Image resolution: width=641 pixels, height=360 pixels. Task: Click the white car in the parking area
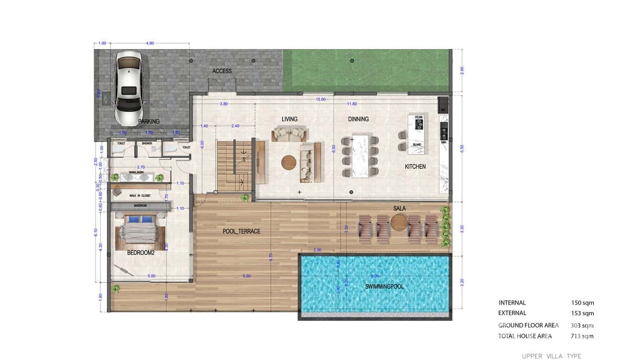click(x=128, y=88)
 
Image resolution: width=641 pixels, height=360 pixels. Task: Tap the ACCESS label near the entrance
click(x=222, y=71)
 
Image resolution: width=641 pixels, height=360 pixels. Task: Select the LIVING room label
click(x=289, y=119)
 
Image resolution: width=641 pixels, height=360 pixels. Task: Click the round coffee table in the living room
click(x=288, y=163)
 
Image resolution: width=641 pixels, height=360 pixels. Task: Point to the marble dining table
click(x=361, y=156)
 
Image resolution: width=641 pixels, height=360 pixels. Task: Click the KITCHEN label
click(x=415, y=167)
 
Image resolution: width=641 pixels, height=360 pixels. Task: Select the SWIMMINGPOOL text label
click(x=385, y=286)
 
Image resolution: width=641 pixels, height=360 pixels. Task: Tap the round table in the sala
click(x=399, y=222)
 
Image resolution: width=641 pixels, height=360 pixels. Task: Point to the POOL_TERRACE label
click(x=242, y=232)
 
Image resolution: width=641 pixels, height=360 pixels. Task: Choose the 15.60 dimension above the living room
click(x=321, y=99)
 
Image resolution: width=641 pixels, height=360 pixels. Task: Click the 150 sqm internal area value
click(x=582, y=303)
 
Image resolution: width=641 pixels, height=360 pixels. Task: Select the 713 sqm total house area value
click(x=582, y=336)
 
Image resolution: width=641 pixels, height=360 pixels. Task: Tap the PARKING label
click(x=149, y=122)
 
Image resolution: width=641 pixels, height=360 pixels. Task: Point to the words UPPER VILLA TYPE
click(x=551, y=356)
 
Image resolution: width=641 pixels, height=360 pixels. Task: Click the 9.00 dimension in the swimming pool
click(x=375, y=276)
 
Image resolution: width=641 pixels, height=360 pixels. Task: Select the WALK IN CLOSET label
click(x=139, y=196)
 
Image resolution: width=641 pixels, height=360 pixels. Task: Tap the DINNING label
click(x=358, y=119)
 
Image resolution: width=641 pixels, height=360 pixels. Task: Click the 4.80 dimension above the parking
click(x=150, y=43)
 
